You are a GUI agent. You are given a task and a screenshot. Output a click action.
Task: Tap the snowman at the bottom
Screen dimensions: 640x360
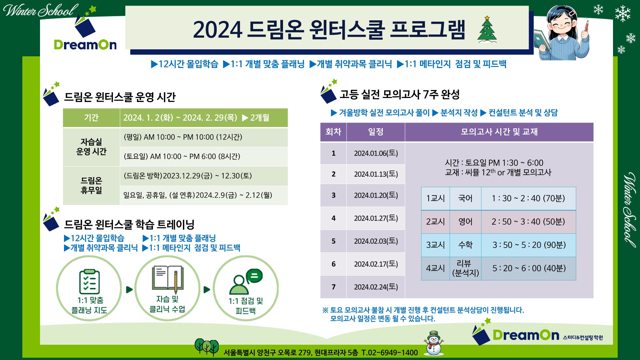(x=433, y=343)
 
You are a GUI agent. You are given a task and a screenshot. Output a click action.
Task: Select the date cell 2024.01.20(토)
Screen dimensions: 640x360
(x=376, y=195)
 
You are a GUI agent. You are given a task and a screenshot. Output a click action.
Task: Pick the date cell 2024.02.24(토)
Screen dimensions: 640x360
(x=376, y=287)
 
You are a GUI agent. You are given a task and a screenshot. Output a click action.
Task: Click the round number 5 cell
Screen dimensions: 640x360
(x=333, y=241)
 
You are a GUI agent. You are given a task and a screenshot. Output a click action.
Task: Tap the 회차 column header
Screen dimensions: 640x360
(x=333, y=132)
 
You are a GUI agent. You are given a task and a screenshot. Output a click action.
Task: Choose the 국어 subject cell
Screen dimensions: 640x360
(x=465, y=198)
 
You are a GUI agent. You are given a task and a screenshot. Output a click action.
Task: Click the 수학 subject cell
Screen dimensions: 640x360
(x=465, y=245)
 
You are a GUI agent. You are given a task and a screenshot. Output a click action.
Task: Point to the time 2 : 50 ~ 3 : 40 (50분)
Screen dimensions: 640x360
(x=528, y=222)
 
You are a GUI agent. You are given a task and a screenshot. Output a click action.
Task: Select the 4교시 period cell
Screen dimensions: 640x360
(x=435, y=268)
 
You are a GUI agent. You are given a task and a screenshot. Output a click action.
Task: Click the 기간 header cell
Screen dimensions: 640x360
(x=91, y=118)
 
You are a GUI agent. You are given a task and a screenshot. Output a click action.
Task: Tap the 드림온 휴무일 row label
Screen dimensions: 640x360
(x=91, y=185)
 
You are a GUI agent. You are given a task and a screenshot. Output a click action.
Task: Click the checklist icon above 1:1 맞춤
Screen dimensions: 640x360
(x=89, y=281)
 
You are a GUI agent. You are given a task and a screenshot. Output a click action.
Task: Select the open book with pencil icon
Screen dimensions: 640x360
(x=168, y=279)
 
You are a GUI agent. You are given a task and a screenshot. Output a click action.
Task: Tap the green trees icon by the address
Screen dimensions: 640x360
(x=207, y=347)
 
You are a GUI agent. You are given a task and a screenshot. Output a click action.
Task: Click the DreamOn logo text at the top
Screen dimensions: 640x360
(x=85, y=45)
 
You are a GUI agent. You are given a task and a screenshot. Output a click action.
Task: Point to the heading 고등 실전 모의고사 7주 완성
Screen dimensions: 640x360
(x=400, y=95)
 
